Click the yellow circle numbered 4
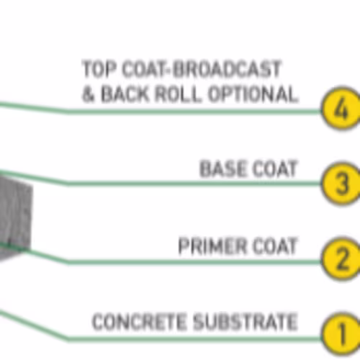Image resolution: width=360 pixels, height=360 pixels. pos(342,109)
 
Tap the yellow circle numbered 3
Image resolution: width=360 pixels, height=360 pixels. pos(342,184)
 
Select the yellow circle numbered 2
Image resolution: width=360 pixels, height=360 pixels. pos(342,258)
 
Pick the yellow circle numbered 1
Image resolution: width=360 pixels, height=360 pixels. pos(342,334)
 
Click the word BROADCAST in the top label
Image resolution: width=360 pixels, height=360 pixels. pos(227,69)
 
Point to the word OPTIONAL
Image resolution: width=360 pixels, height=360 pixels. pos(253,94)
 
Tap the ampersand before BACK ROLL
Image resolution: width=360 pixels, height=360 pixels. pos(88,94)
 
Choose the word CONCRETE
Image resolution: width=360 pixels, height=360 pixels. pos(139,321)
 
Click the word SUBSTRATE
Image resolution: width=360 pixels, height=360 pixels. pos(246,321)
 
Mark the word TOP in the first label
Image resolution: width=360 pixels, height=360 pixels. pos(99,69)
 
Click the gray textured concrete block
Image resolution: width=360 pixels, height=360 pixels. pos(15,216)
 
